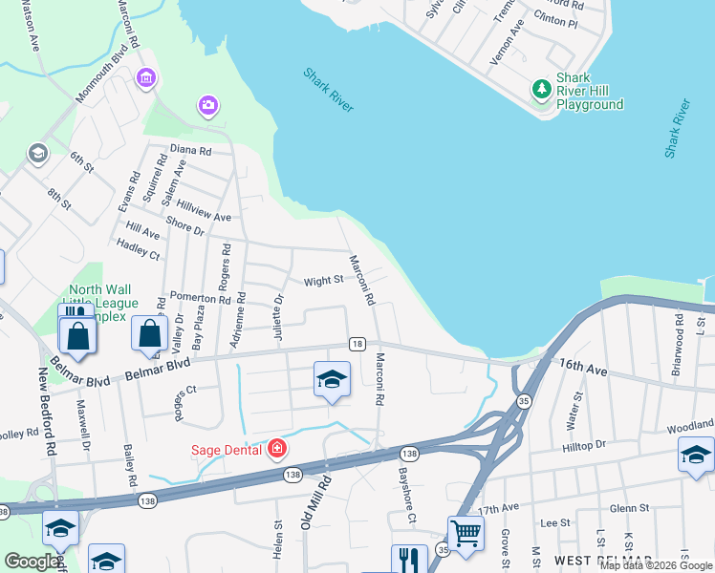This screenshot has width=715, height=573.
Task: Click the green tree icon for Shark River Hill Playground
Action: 541,89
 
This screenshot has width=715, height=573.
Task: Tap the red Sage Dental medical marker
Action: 276,448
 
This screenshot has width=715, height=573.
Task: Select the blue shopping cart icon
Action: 466,533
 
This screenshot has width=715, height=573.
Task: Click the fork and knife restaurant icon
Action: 409,558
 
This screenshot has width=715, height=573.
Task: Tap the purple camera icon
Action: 207,104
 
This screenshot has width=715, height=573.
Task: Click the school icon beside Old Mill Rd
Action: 331,380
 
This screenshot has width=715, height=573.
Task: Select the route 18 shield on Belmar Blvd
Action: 357,344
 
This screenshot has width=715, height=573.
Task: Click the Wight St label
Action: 323,281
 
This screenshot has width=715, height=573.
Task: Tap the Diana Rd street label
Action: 190,150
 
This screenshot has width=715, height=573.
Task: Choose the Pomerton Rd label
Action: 200,298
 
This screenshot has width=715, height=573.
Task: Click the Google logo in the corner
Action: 32,562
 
